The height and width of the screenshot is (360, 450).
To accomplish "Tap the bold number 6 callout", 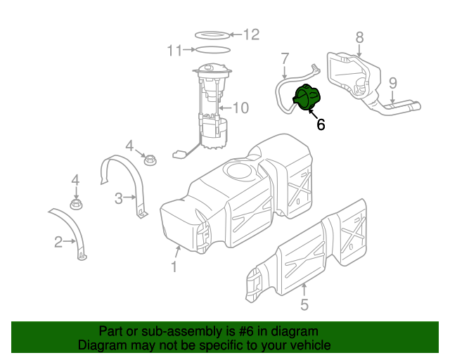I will click(321, 125).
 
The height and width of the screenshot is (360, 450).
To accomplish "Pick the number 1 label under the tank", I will click(174, 266).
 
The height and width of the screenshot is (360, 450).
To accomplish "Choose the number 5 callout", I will click(304, 304).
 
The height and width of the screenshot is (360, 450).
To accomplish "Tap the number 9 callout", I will click(393, 82).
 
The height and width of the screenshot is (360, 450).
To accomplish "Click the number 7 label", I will click(285, 58).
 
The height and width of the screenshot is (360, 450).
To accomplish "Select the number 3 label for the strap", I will click(119, 198).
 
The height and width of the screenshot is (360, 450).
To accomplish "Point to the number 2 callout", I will click(58, 243).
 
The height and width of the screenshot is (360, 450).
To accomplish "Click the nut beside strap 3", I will click(149, 161).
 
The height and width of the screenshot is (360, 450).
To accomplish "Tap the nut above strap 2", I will click(77, 205).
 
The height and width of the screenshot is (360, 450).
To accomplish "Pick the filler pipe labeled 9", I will click(397, 109).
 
